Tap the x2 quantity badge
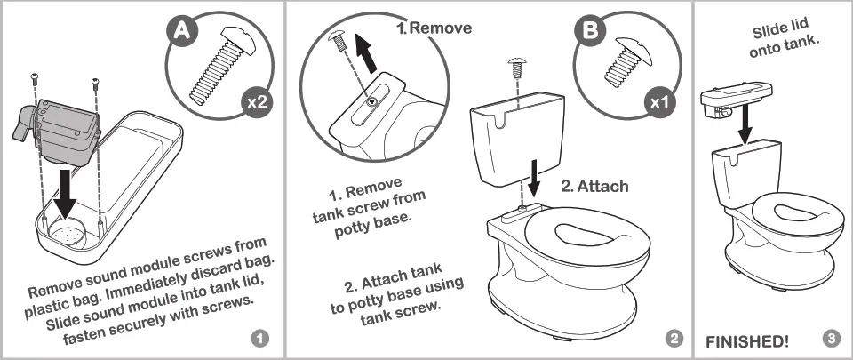257,102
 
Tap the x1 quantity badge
658,101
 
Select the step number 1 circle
259,339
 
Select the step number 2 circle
674,339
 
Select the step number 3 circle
831,339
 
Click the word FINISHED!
746,341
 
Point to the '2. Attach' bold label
594,187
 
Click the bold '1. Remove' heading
434,28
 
